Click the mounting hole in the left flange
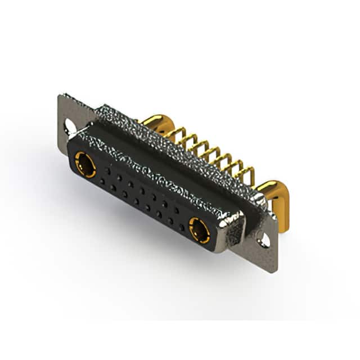(x=70, y=126)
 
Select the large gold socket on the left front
(x=85, y=164)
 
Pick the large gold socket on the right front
(x=199, y=230)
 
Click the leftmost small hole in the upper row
(x=107, y=169)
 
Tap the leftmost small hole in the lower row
(x=102, y=181)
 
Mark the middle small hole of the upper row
(x=142, y=190)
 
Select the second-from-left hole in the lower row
(x=113, y=188)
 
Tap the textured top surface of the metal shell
(x=169, y=146)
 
